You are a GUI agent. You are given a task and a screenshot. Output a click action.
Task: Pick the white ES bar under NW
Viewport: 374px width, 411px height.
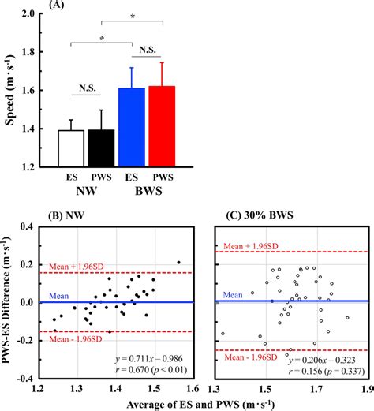tap(72, 148)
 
